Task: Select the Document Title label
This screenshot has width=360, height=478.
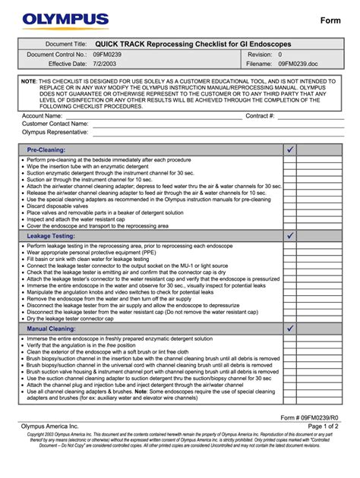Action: tap(66, 45)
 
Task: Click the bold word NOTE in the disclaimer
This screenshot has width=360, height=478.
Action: tap(28, 80)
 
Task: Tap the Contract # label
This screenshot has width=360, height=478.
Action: tap(260, 116)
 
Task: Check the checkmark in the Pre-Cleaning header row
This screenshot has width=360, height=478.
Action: tap(290, 149)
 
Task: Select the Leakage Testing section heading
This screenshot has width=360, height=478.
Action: tap(50, 236)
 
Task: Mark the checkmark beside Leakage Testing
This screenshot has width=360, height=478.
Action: tap(290, 236)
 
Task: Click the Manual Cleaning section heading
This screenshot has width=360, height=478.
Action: tap(51, 329)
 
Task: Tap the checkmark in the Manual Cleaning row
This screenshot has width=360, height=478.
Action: tap(290, 329)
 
